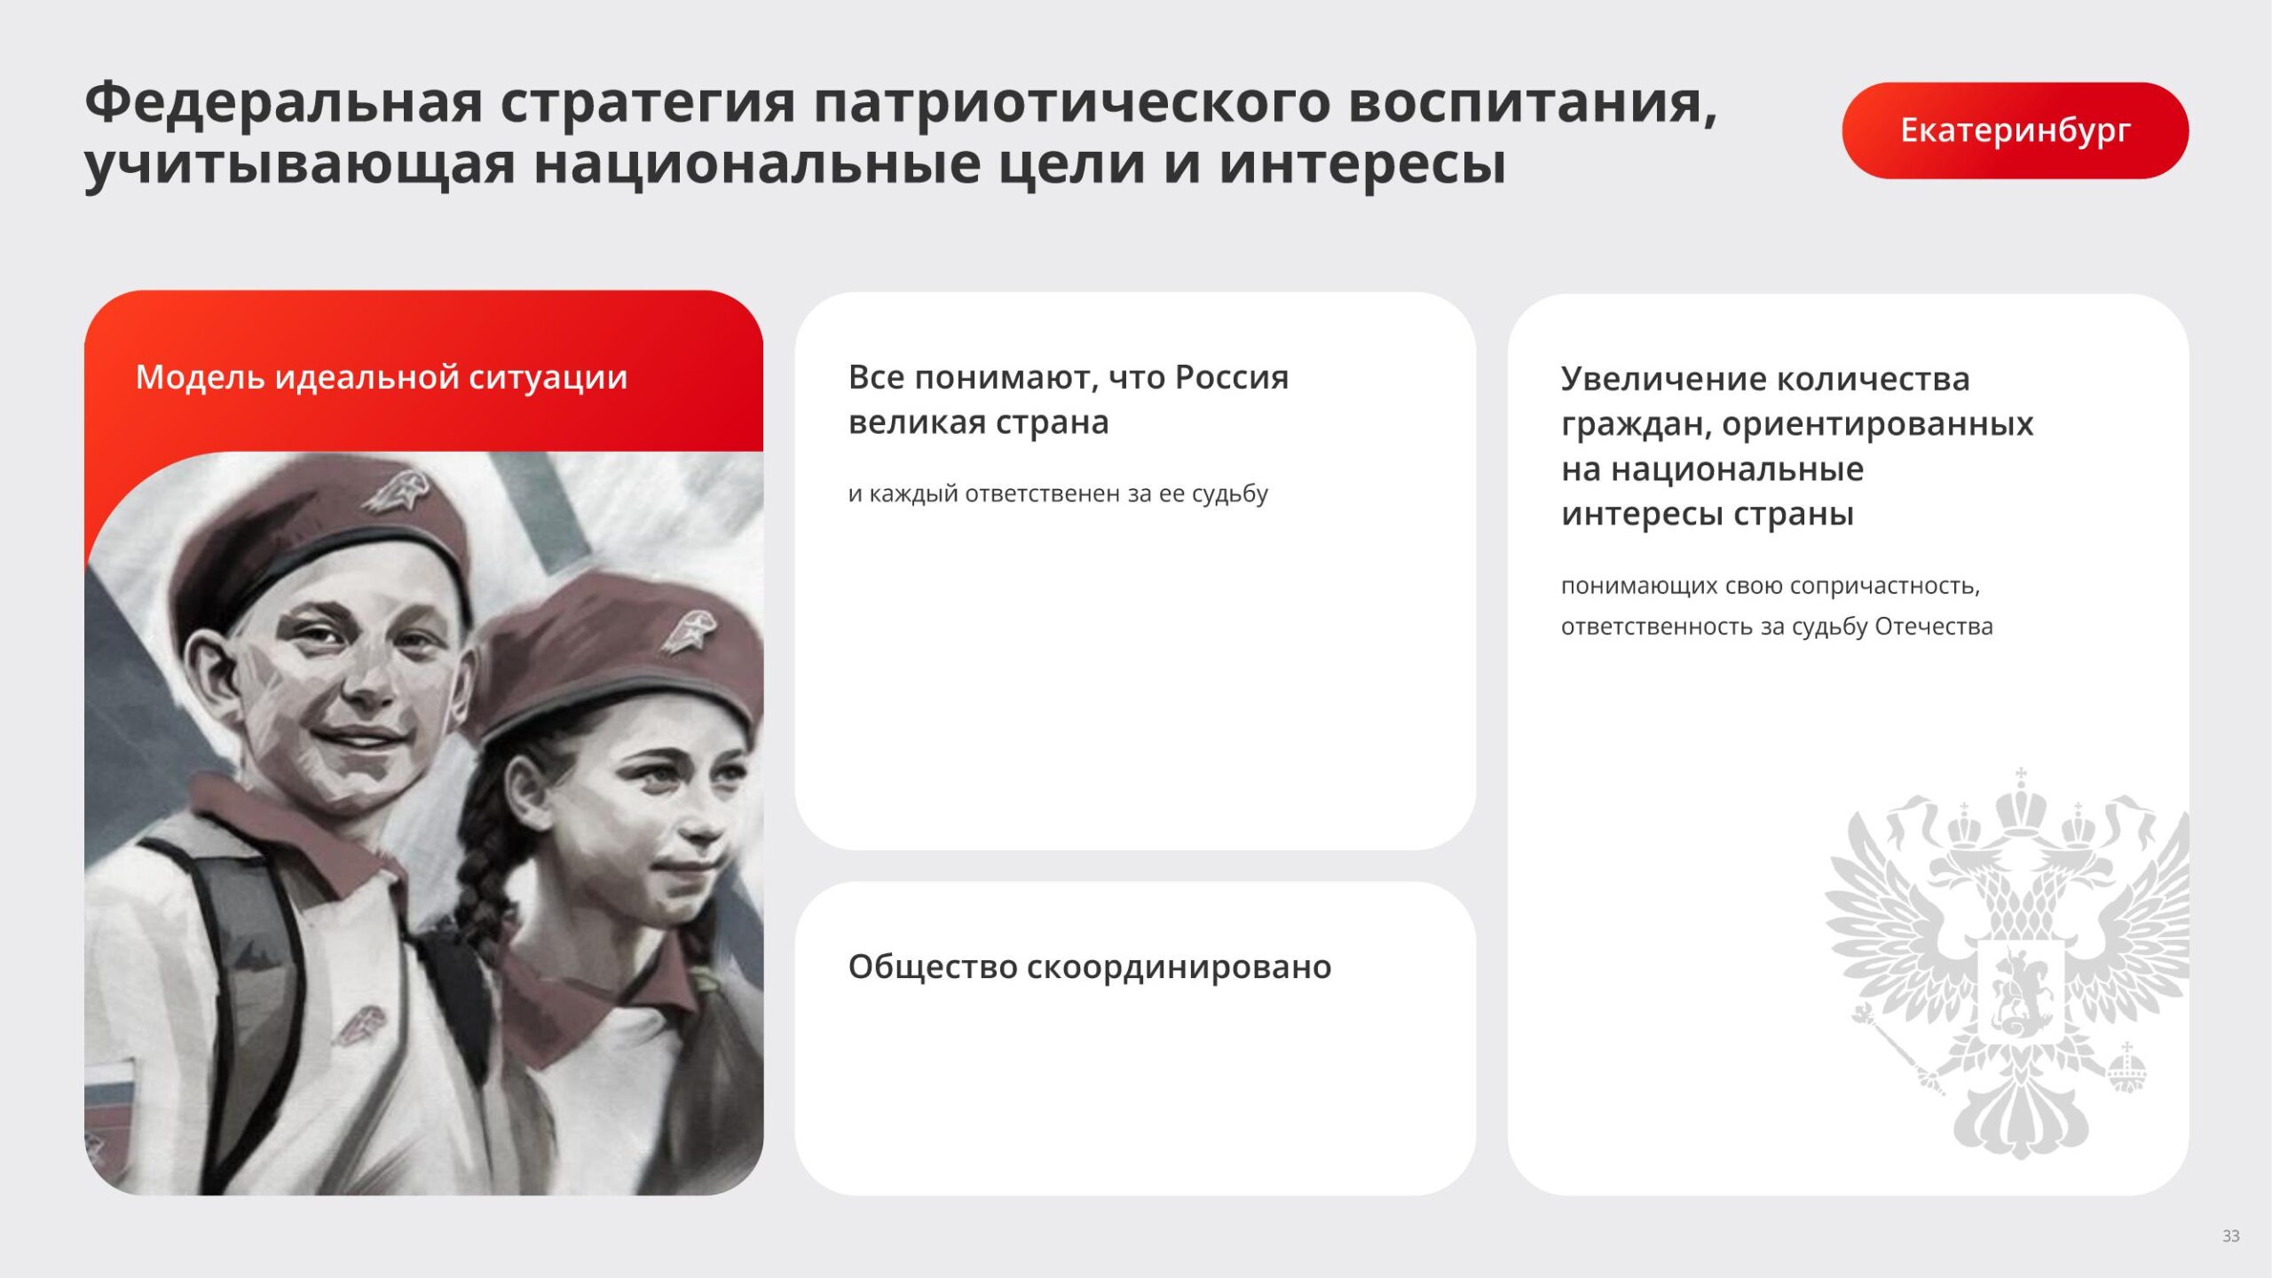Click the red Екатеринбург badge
point(2015,130)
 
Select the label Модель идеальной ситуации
point(382,378)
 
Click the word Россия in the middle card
point(1232,378)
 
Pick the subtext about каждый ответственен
point(1058,493)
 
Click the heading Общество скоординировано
point(1090,967)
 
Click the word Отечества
point(1934,627)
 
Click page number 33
point(2230,1235)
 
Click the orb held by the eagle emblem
point(2126,1070)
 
